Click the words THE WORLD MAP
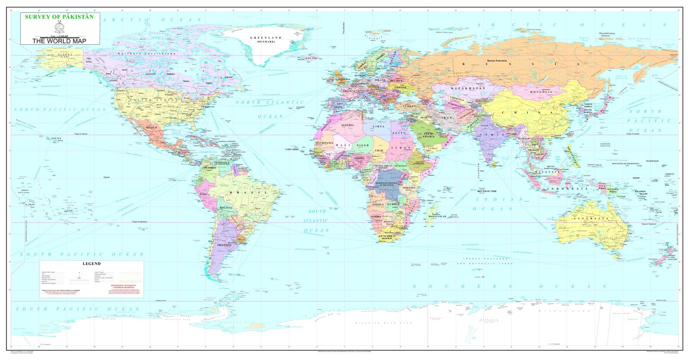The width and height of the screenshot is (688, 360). pos(60,41)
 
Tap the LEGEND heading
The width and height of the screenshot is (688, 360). pos(91,264)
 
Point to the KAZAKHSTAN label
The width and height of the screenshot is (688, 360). pos(468,88)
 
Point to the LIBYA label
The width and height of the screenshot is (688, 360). pos(378,127)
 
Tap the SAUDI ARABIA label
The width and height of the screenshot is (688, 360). pos(429,135)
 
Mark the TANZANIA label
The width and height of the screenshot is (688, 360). pos(409,188)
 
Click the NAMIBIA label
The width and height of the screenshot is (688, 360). pos(376,216)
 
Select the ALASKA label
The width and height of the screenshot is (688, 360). pos(59,55)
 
